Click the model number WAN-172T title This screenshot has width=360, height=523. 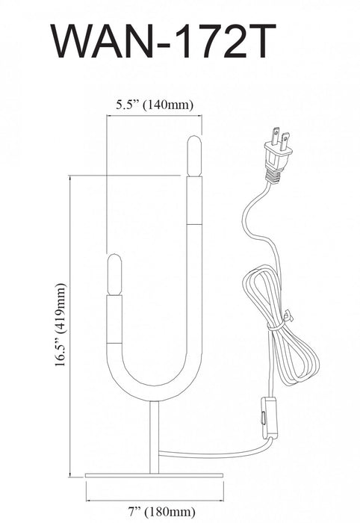coord(164,41)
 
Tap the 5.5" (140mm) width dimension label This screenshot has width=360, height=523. coord(155,105)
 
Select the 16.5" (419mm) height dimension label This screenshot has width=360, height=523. coord(60,325)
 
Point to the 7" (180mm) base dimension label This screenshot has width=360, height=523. coord(161,511)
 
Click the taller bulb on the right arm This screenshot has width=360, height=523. coord(194,155)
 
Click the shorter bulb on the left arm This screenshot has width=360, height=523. coord(114,274)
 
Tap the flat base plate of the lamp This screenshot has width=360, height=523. coord(154,475)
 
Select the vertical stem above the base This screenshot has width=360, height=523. coord(155,437)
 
